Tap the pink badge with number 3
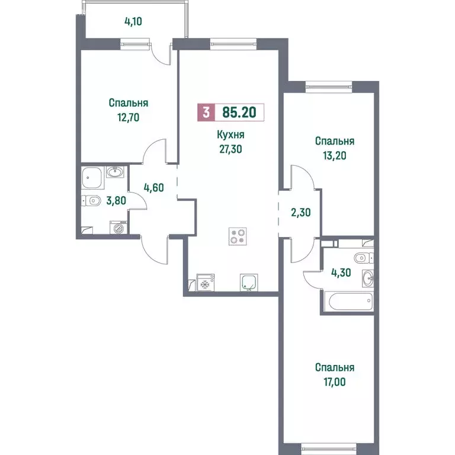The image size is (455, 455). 206,112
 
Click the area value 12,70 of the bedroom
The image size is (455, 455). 128,117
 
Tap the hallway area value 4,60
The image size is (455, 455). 153,188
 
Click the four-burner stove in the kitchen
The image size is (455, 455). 238,236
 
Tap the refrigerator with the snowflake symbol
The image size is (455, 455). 205,283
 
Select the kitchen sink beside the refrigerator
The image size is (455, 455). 249,283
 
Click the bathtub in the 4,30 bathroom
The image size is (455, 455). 348,301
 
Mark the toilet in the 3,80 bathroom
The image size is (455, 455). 91,201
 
